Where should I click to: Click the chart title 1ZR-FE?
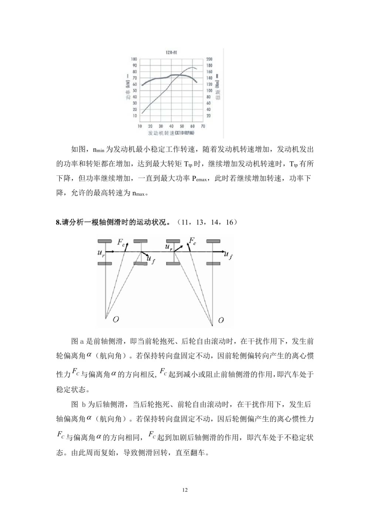point(171,53)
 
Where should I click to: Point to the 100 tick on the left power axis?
point(134,59)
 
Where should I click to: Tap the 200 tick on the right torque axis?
point(209,59)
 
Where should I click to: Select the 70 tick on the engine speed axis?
point(203,126)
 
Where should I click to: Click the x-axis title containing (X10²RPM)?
point(171,133)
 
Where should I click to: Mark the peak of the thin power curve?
point(193,67)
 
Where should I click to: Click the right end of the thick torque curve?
point(196,82)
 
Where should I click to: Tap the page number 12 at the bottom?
point(185,490)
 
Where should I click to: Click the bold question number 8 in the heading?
point(58,222)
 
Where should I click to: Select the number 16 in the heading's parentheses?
point(229,222)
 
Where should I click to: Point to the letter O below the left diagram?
point(116,319)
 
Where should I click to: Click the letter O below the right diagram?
point(221,320)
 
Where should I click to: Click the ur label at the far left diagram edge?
point(101,253)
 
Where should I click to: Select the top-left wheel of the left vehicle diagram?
point(105,241)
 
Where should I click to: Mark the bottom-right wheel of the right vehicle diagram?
point(213,263)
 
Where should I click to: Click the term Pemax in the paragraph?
point(199,179)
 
